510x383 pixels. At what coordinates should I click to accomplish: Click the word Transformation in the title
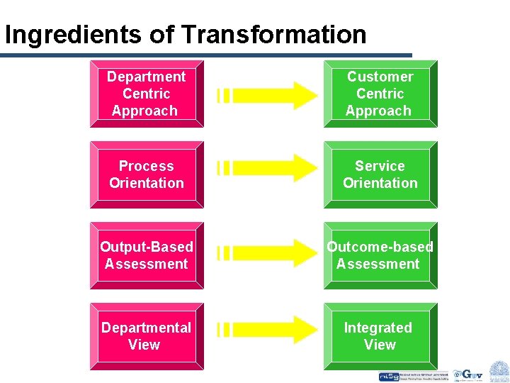click(x=273, y=34)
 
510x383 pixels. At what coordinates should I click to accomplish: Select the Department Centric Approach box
click(x=146, y=94)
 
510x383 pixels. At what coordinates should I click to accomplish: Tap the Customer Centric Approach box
click(x=380, y=94)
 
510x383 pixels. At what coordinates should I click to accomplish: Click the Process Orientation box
click(x=146, y=174)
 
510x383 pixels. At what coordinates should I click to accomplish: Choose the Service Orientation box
click(x=380, y=174)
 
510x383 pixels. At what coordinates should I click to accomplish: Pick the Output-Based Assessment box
click(x=146, y=255)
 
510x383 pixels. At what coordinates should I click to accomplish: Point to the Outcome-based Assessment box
click(x=380, y=255)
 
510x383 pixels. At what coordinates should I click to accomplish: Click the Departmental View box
click(x=146, y=336)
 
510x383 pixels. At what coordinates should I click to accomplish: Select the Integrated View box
click(x=380, y=336)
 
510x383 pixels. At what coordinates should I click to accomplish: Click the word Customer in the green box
click(x=380, y=77)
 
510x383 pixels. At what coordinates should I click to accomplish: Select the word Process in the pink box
click(x=146, y=166)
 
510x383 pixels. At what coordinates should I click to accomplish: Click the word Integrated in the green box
click(x=378, y=328)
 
